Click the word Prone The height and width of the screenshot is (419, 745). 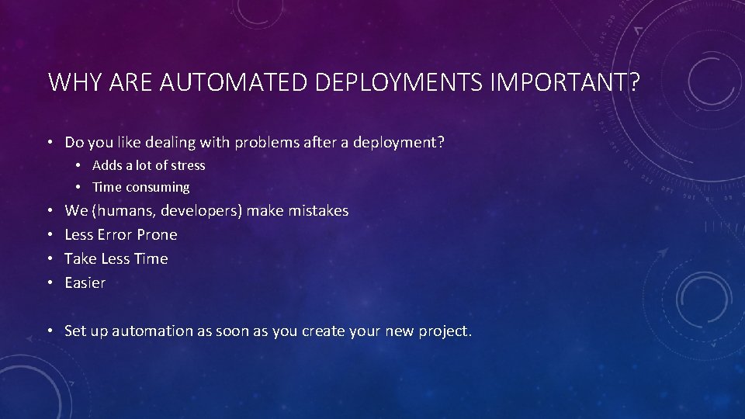tap(157, 234)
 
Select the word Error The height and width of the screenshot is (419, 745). tap(114, 234)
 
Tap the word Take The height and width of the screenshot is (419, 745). tap(80, 258)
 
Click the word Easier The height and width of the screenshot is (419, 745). tap(85, 282)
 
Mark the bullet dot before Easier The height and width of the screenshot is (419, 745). tap(49, 283)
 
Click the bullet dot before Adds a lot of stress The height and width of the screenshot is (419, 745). tap(80, 166)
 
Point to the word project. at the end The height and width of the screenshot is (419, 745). tap(445, 331)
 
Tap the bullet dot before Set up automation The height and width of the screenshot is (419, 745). tap(49, 331)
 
